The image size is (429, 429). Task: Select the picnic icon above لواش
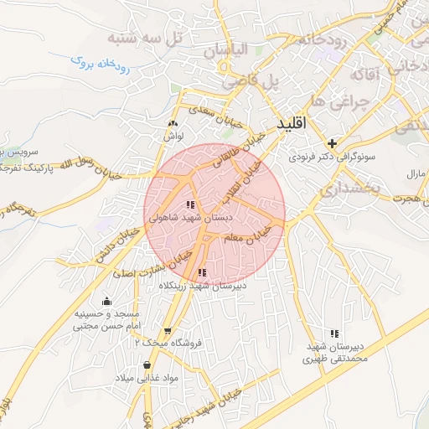(x=173, y=124)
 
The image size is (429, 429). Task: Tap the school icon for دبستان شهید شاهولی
(x=191, y=204)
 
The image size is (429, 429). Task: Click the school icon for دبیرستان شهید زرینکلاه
(x=201, y=272)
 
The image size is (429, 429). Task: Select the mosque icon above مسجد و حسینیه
(x=106, y=302)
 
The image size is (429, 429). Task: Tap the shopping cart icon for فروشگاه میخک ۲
(x=168, y=331)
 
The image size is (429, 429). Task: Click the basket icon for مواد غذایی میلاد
(x=148, y=365)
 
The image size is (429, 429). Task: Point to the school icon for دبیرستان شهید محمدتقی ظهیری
(x=335, y=333)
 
